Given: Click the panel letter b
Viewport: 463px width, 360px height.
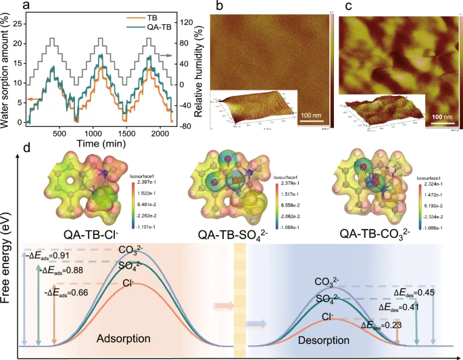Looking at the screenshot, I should (x=218, y=7).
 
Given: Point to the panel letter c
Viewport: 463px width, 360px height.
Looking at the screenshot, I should (x=347, y=7).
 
